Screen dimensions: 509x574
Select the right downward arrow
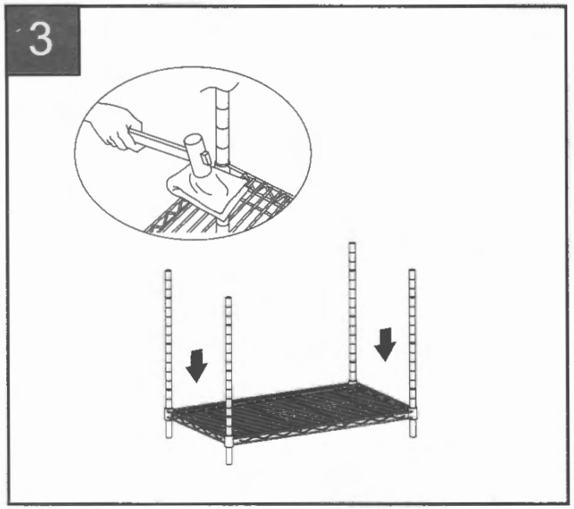pyautogui.click(x=386, y=343)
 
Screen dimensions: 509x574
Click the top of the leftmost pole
pyautogui.click(x=167, y=272)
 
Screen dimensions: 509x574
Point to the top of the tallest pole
pyautogui.click(x=351, y=245)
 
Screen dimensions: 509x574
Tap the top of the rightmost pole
pyautogui.click(x=412, y=272)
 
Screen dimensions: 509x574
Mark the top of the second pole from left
pyautogui.click(x=228, y=299)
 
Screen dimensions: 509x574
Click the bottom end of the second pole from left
pyautogui.click(x=229, y=461)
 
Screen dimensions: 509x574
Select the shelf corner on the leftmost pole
pyautogui.click(x=168, y=412)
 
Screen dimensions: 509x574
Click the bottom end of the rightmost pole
pyautogui.click(x=412, y=434)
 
